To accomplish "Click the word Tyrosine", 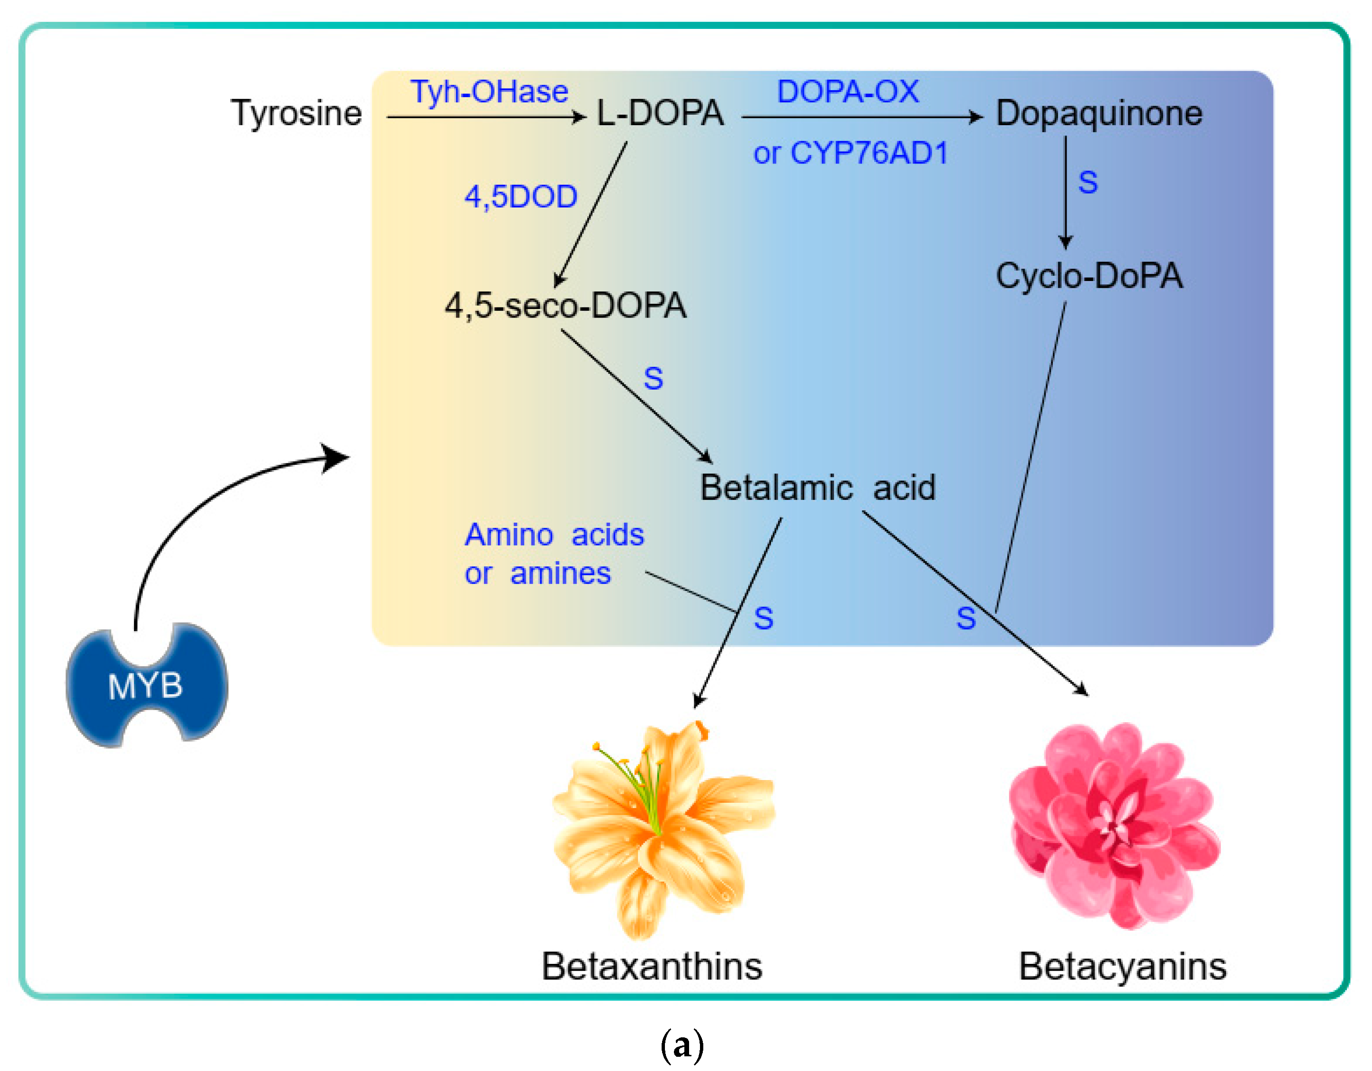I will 296,114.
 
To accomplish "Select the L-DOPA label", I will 660,114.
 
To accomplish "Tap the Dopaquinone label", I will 1099,114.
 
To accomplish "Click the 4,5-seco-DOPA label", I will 565,306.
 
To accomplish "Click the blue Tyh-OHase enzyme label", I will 489,92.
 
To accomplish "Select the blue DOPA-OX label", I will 847,92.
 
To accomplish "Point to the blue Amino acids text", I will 554,535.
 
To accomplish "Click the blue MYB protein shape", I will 146,685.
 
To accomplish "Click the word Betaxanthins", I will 652,967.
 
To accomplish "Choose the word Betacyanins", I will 1122,967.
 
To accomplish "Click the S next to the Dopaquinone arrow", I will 1087,183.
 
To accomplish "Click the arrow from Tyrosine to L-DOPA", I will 484,117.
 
